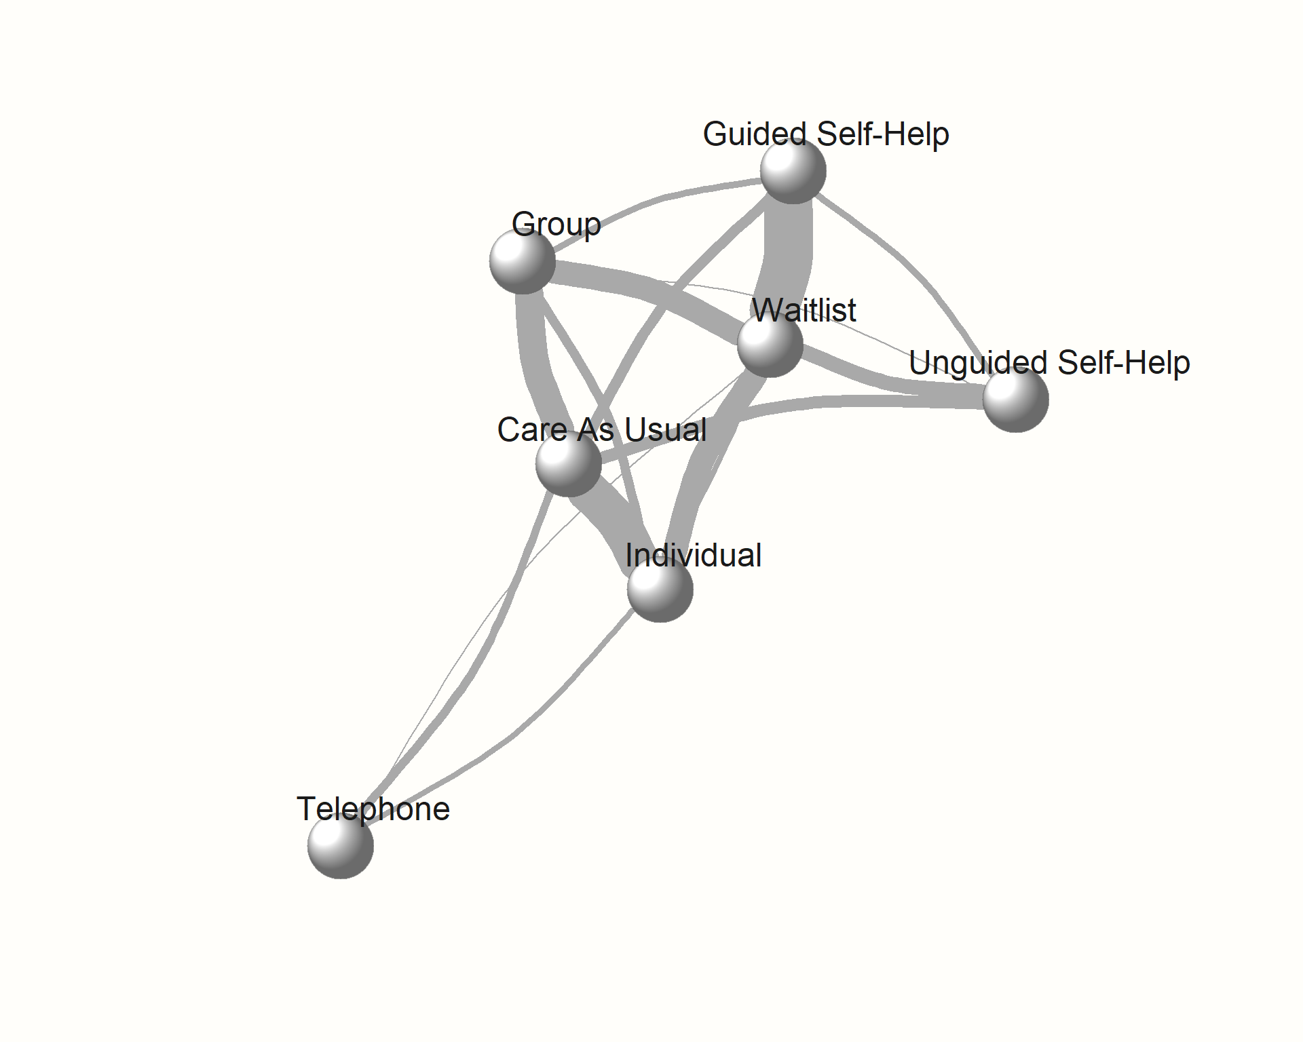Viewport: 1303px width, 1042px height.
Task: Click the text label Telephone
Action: pos(373,809)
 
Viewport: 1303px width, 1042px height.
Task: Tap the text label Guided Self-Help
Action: pos(826,134)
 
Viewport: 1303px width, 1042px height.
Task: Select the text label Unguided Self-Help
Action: pos(1049,362)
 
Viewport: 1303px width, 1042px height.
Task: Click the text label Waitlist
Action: pos(804,310)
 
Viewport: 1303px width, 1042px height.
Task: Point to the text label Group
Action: pos(556,224)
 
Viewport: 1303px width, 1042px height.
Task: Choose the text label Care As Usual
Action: pos(601,429)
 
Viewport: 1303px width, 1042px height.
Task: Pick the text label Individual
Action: pos(693,555)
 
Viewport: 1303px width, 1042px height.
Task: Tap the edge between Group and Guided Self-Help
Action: pos(662,197)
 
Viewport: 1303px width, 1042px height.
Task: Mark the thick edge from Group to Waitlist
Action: pos(651,285)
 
